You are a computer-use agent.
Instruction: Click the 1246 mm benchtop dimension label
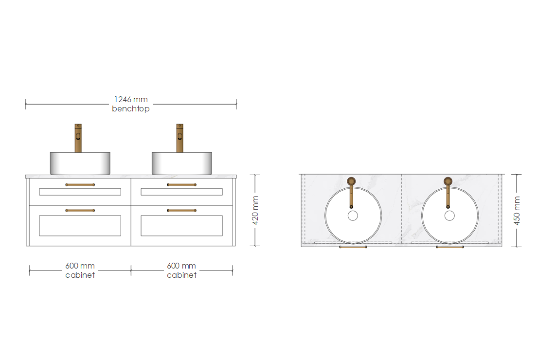click(131, 104)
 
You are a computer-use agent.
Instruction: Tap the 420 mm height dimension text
click(255, 210)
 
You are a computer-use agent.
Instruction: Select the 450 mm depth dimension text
click(517, 211)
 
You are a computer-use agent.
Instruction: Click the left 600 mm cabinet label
click(80, 270)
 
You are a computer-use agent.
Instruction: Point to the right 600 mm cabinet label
click(181, 270)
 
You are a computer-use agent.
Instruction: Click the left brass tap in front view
click(78, 138)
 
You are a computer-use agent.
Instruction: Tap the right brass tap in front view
click(180, 138)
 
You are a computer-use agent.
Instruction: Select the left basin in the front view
click(80, 163)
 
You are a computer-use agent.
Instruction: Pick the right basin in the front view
click(182, 163)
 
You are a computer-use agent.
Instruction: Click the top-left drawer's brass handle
click(80, 185)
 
